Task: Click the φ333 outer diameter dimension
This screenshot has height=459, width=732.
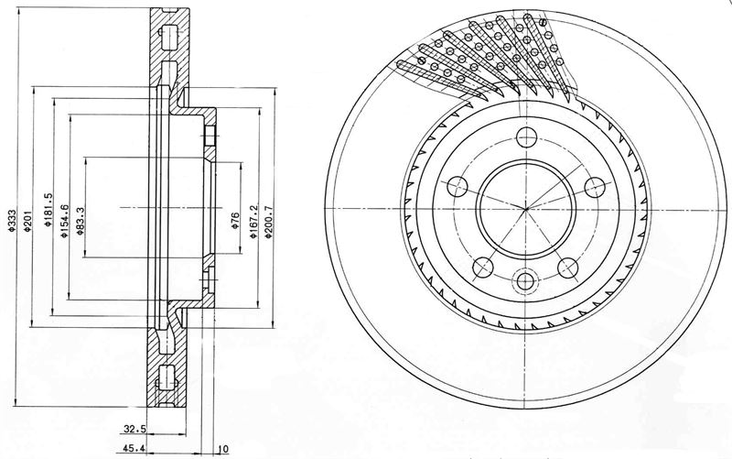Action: pyautogui.click(x=12, y=220)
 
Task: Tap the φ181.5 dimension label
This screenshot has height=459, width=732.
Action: pyautogui.click(x=48, y=211)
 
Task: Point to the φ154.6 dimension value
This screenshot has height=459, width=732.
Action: pyautogui.click(x=64, y=221)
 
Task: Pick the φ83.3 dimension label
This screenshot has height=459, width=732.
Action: pyautogui.click(x=80, y=221)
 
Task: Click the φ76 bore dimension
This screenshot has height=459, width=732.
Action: pyautogui.click(x=235, y=220)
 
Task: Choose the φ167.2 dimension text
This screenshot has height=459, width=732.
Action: pyautogui.click(x=253, y=222)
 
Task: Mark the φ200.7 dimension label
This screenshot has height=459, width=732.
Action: pyautogui.click(x=268, y=222)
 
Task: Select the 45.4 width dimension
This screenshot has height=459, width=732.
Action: pyautogui.click(x=131, y=449)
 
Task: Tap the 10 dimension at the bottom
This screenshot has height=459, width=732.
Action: pyautogui.click(x=223, y=450)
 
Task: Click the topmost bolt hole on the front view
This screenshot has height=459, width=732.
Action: pyautogui.click(x=527, y=137)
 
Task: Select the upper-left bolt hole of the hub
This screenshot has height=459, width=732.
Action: pyautogui.click(x=457, y=187)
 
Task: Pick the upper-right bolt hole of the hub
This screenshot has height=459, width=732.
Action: pyautogui.click(x=596, y=187)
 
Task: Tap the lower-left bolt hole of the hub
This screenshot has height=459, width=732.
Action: pyautogui.click(x=483, y=268)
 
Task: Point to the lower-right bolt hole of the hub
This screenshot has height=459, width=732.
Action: pyautogui.click(x=569, y=268)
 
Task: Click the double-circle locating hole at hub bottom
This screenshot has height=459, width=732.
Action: pyautogui.click(x=525, y=281)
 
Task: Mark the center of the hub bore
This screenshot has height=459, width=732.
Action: pyautogui.click(x=526, y=208)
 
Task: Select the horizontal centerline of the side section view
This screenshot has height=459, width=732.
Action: pyautogui.click(x=171, y=207)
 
